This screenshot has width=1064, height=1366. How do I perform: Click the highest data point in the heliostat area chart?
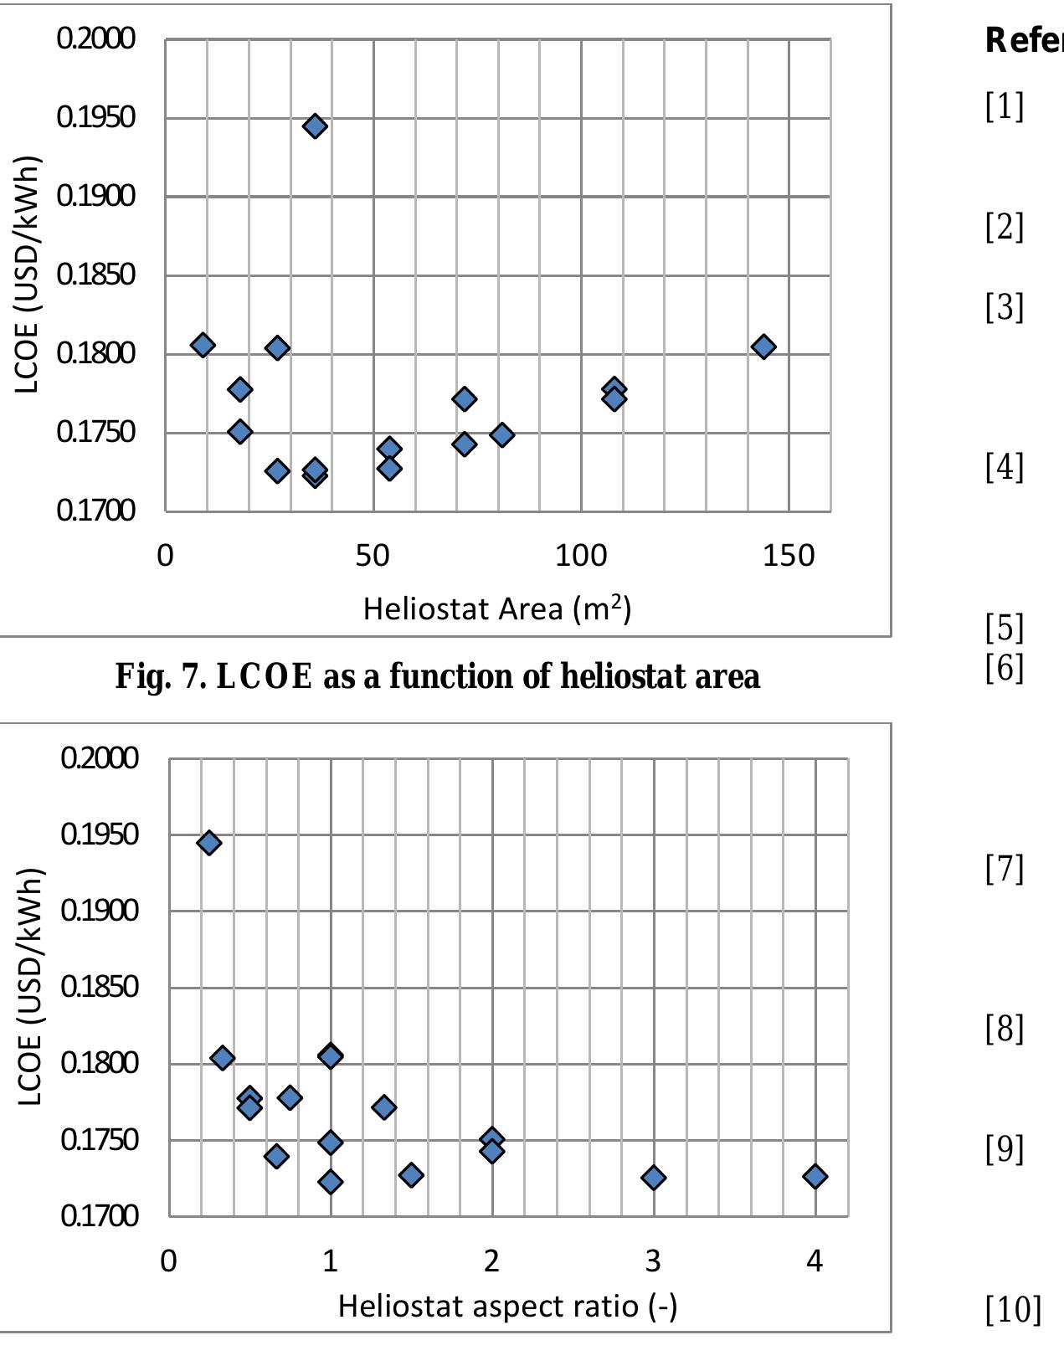[x=315, y=126]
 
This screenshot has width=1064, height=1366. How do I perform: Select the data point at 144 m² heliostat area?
[x=763, y=347]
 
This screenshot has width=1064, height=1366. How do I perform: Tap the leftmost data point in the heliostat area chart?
[x=203, y=345]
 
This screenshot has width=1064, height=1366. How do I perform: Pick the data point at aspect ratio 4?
[x=815, y=1177]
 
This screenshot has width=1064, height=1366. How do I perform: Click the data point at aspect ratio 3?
[x=653, y=1178]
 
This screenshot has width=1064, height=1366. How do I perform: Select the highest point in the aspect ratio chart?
[x=209, y=843]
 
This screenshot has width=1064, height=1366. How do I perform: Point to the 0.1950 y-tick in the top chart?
[x=95, y=117]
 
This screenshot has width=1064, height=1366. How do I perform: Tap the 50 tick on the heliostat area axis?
[x=373, y=556]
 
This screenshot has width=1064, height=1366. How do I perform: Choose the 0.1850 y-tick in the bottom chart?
[x=99, y=987]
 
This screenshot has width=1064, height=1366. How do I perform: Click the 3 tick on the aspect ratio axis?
[x=653, y=1261]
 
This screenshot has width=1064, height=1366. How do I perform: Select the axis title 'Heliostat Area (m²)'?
[x=496, y=608]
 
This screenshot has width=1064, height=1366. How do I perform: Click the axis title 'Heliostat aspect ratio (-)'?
[x=507, y=1306]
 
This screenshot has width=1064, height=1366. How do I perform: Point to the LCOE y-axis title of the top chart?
[x=28, y=275]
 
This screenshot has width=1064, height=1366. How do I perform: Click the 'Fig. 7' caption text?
[x=437, y=676]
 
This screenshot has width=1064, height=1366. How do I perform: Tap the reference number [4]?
[x=1004, y=467]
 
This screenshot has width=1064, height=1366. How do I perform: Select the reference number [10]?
[x=1013, y=1309]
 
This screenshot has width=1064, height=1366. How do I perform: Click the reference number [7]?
[x=1004, y=869]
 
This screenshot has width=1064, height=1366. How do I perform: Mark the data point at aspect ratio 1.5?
[x=411, y=1175]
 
